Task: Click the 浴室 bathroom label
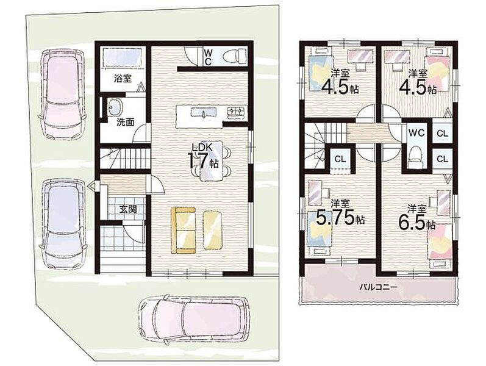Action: [123, 79]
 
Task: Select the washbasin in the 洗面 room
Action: [115, 107]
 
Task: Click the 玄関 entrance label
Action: [128, 209]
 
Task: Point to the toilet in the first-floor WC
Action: [235, 56]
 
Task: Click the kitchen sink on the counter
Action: [204, 112]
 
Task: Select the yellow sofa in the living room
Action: [184, 230]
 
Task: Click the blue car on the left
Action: [63, 223]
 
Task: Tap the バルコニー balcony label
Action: [378, 287]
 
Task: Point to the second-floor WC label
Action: [416, 133]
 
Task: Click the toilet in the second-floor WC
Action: [415, 157]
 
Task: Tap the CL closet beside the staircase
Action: [340, 159]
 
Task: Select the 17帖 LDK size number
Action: [203, 161]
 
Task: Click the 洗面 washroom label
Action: [125, 122]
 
